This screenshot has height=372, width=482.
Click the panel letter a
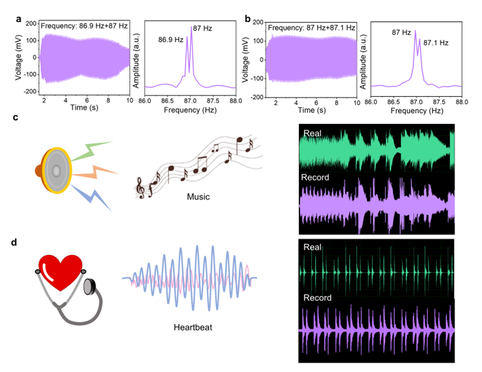pos(19,19)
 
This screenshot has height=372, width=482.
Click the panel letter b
pos(248,19)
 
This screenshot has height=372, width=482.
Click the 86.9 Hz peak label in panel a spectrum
pos(171,39)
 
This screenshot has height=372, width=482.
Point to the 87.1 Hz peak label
pos(436,43)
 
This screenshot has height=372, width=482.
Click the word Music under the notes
pos(198,198)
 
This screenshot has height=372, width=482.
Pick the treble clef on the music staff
pos(140,187)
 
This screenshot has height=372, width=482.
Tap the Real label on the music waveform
pos(313,133)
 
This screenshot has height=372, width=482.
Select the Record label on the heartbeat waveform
pos(318,298)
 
